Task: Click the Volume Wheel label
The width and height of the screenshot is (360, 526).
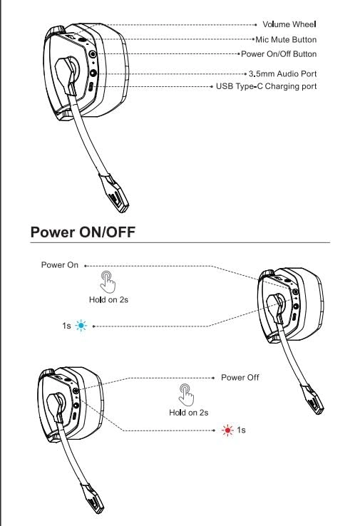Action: click(x=289, y=25)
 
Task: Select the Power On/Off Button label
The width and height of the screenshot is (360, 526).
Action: click(x=281, y=54)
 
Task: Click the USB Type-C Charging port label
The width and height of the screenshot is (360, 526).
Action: click(x=267, y=86)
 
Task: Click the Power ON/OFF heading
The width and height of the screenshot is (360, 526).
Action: click(x=83, y=232)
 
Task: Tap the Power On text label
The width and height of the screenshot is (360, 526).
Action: click(x=60, y=265)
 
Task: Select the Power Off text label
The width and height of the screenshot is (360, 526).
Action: click(x=240, y=377)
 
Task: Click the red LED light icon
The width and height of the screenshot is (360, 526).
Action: click(x=228, y=430)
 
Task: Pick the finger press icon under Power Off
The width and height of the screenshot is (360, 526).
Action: click(x=187, y=393)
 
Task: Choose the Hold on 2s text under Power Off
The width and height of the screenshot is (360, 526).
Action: click(x=188, y=413)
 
